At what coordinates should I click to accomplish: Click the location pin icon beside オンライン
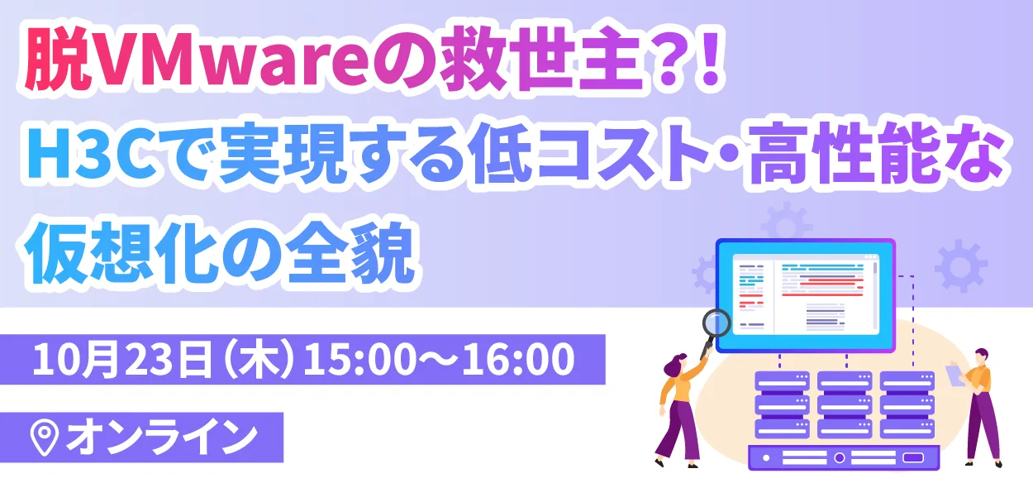click(44, 438)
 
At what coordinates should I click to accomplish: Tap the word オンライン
click(161, 438)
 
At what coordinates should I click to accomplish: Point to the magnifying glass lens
click(715, 323)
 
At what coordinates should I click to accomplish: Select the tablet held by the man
click(955, 373)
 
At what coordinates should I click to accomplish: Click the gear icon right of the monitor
click(960, 265)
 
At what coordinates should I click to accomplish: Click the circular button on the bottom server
click(839, 457)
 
